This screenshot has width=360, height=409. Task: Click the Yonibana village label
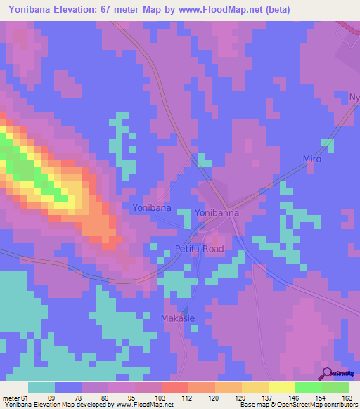pos(151,208)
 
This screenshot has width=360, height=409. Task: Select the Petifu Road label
pos(199,249)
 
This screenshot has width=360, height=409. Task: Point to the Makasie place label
pos(181,318)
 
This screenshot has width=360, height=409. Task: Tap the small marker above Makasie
pos(185,308)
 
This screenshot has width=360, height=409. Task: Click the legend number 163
pos(348,398)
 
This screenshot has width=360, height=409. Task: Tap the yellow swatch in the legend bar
pos(281,387)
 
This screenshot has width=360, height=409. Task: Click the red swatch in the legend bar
pos(174,387)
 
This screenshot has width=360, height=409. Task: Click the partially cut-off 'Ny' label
pos(355,96)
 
